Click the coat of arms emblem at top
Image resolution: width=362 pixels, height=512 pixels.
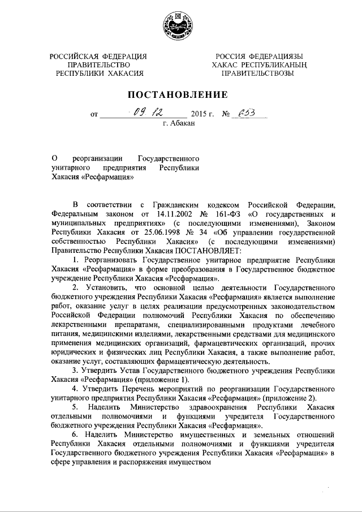[x=180, y=25]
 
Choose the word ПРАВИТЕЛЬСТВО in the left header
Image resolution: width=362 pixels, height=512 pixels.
[x=98, y=64]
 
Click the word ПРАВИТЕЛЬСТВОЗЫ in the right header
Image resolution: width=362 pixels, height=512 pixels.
[x=258, y=74]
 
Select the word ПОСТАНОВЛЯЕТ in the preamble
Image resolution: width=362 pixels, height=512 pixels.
[x=210, y=251]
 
